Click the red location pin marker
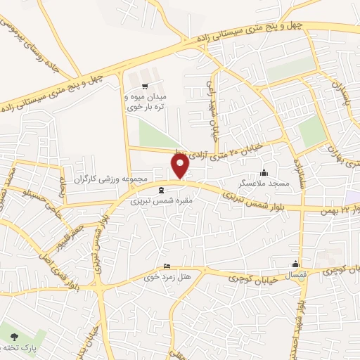click(x=181, y=166)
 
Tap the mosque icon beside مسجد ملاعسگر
click(x=264, y=173)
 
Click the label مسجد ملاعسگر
click(x=264, y=182)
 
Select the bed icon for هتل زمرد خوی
click(x=166, y=265)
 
